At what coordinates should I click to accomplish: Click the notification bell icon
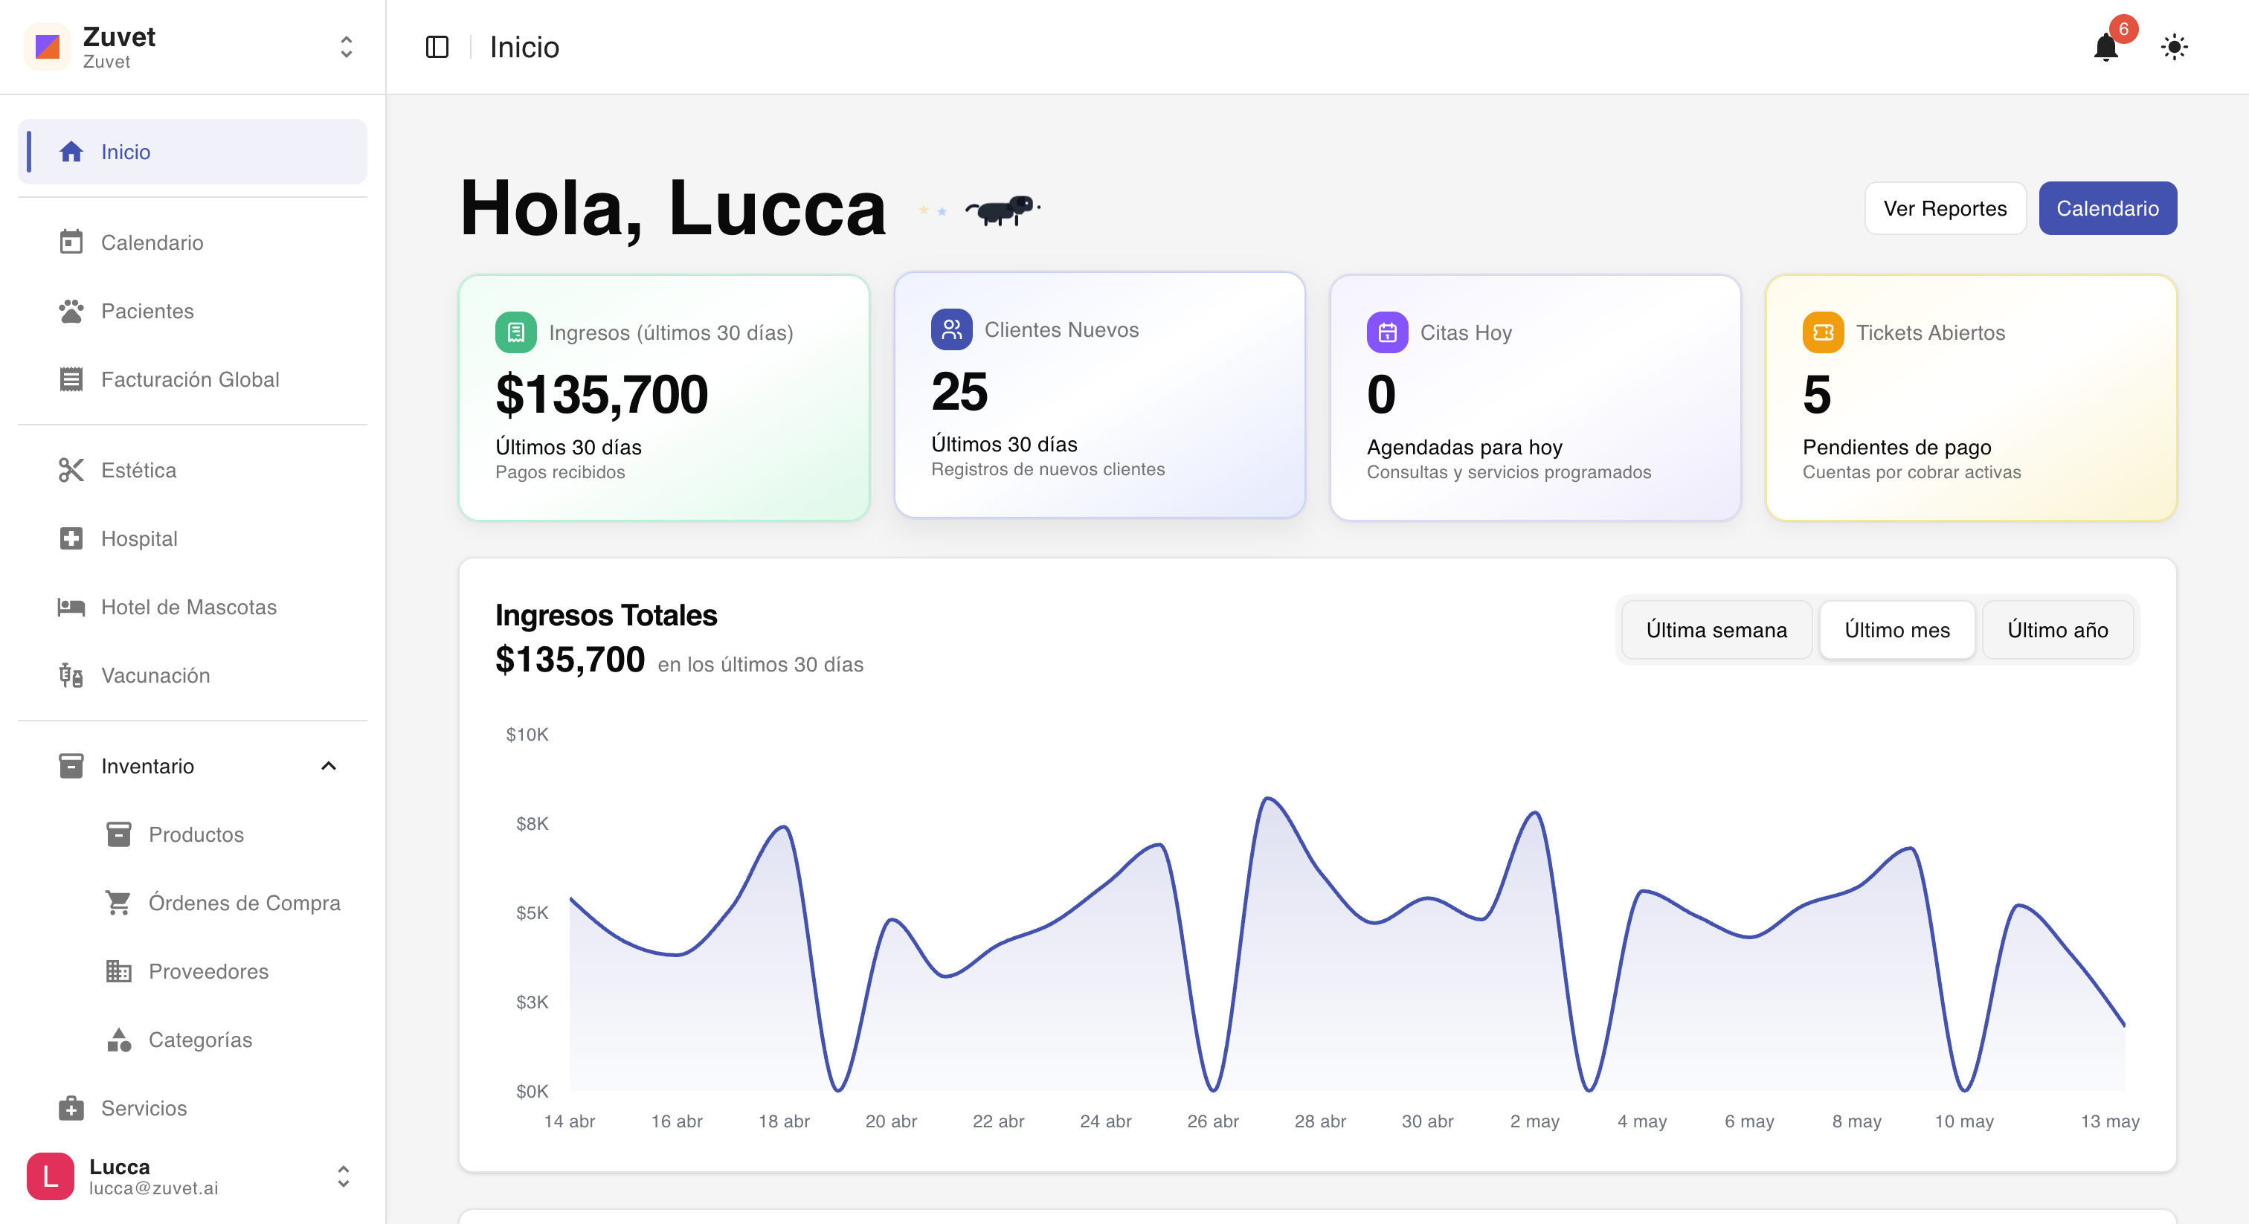[x=2105, y=47]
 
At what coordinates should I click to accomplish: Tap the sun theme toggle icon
[x=2174, y=47]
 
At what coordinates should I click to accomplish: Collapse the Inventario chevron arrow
[x=328, y=766]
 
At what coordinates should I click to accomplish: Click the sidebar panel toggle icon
[x=437, y=47]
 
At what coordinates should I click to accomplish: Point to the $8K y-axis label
[x=532, y=823]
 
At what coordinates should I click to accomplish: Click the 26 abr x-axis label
[x=1213, y=1121]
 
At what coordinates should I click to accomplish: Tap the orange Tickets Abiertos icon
[x=1823, y=332]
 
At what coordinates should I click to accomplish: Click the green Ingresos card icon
[x=516, y=332]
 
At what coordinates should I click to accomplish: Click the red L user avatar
[x=51, y=1176]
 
